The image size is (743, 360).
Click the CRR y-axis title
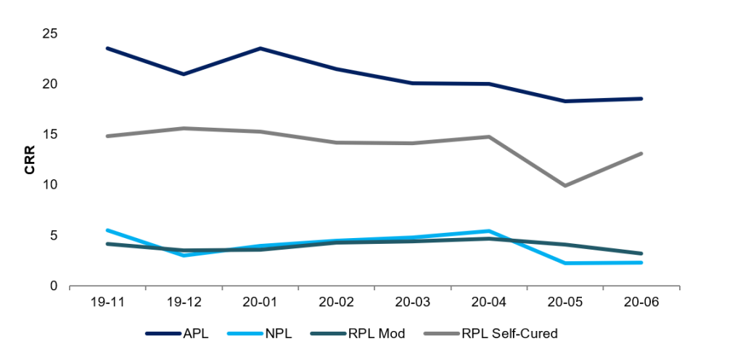click(x=30, y=160)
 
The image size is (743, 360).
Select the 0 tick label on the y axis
click(x=54, y=286)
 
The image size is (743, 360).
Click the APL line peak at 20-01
click(x=260, y=49)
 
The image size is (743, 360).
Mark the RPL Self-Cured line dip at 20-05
click(x=565, y=186)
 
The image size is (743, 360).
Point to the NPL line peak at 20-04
click(x=489, y=231)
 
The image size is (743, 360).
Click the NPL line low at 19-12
click(x=184, y=255)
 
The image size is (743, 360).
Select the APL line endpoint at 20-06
click(x=641, y=99)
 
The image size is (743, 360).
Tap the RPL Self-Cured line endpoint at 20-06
click(x=641, y=154)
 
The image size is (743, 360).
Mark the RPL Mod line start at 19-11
click(x=107, y=244)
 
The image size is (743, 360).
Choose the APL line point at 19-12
click(x=184, y=74)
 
